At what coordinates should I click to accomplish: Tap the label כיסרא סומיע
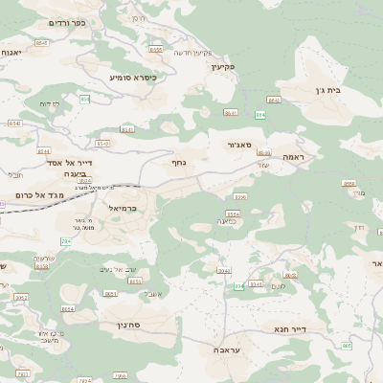pos(132,77)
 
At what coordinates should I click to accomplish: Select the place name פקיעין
pos(224,67)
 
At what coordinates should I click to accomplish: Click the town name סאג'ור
pos(238,145)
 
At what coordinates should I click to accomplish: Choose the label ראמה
pos(292,156)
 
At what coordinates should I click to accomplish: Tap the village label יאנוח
pos(10,53)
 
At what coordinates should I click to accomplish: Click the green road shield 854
pos(84,99)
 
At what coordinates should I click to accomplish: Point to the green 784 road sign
pos(65,240)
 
